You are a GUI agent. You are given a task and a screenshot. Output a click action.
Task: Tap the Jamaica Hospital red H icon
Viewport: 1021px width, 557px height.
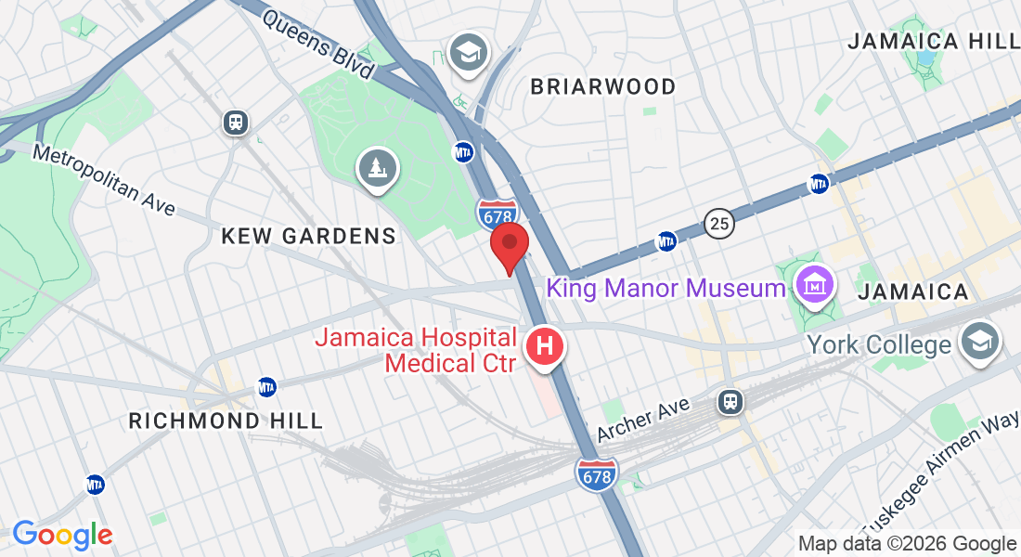546,348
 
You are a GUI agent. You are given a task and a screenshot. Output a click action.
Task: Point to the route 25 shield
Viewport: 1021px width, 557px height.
717,224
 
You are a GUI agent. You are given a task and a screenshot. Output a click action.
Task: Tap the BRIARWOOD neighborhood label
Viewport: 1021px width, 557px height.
603,86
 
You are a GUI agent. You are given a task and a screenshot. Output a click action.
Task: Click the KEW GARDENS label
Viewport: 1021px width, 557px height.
308,236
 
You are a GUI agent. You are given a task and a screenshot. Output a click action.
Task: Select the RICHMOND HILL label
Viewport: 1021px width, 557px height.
226,421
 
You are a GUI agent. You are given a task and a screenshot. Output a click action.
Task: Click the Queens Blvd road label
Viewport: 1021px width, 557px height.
318,45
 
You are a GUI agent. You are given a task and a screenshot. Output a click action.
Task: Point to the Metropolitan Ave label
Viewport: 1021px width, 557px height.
104,179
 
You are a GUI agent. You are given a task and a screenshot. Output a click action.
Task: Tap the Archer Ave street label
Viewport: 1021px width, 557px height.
643,421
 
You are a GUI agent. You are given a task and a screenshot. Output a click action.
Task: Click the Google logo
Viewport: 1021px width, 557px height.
62,535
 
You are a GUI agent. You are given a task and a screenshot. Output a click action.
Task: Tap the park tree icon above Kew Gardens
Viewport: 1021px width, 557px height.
378,169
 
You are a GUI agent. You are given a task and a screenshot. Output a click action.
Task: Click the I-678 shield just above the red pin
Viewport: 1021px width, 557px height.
498,214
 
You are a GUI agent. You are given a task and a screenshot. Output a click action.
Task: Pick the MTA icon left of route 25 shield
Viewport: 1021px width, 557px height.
666,241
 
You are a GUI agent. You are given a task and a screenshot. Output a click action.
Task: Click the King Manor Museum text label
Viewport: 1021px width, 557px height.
666,288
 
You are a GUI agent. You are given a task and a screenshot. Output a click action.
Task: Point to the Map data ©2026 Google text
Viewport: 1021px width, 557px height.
907,544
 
